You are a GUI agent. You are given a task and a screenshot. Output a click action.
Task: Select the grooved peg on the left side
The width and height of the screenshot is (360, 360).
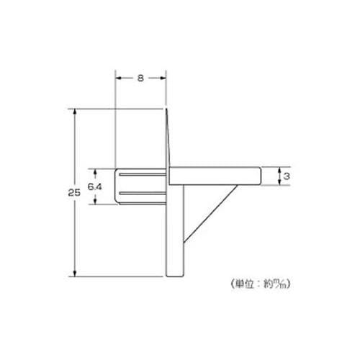coord(141,186)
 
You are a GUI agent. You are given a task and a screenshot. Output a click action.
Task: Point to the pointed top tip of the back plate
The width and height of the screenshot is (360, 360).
coord(168,110)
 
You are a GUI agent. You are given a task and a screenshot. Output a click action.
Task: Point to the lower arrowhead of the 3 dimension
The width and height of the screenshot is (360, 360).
coord(279,184)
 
